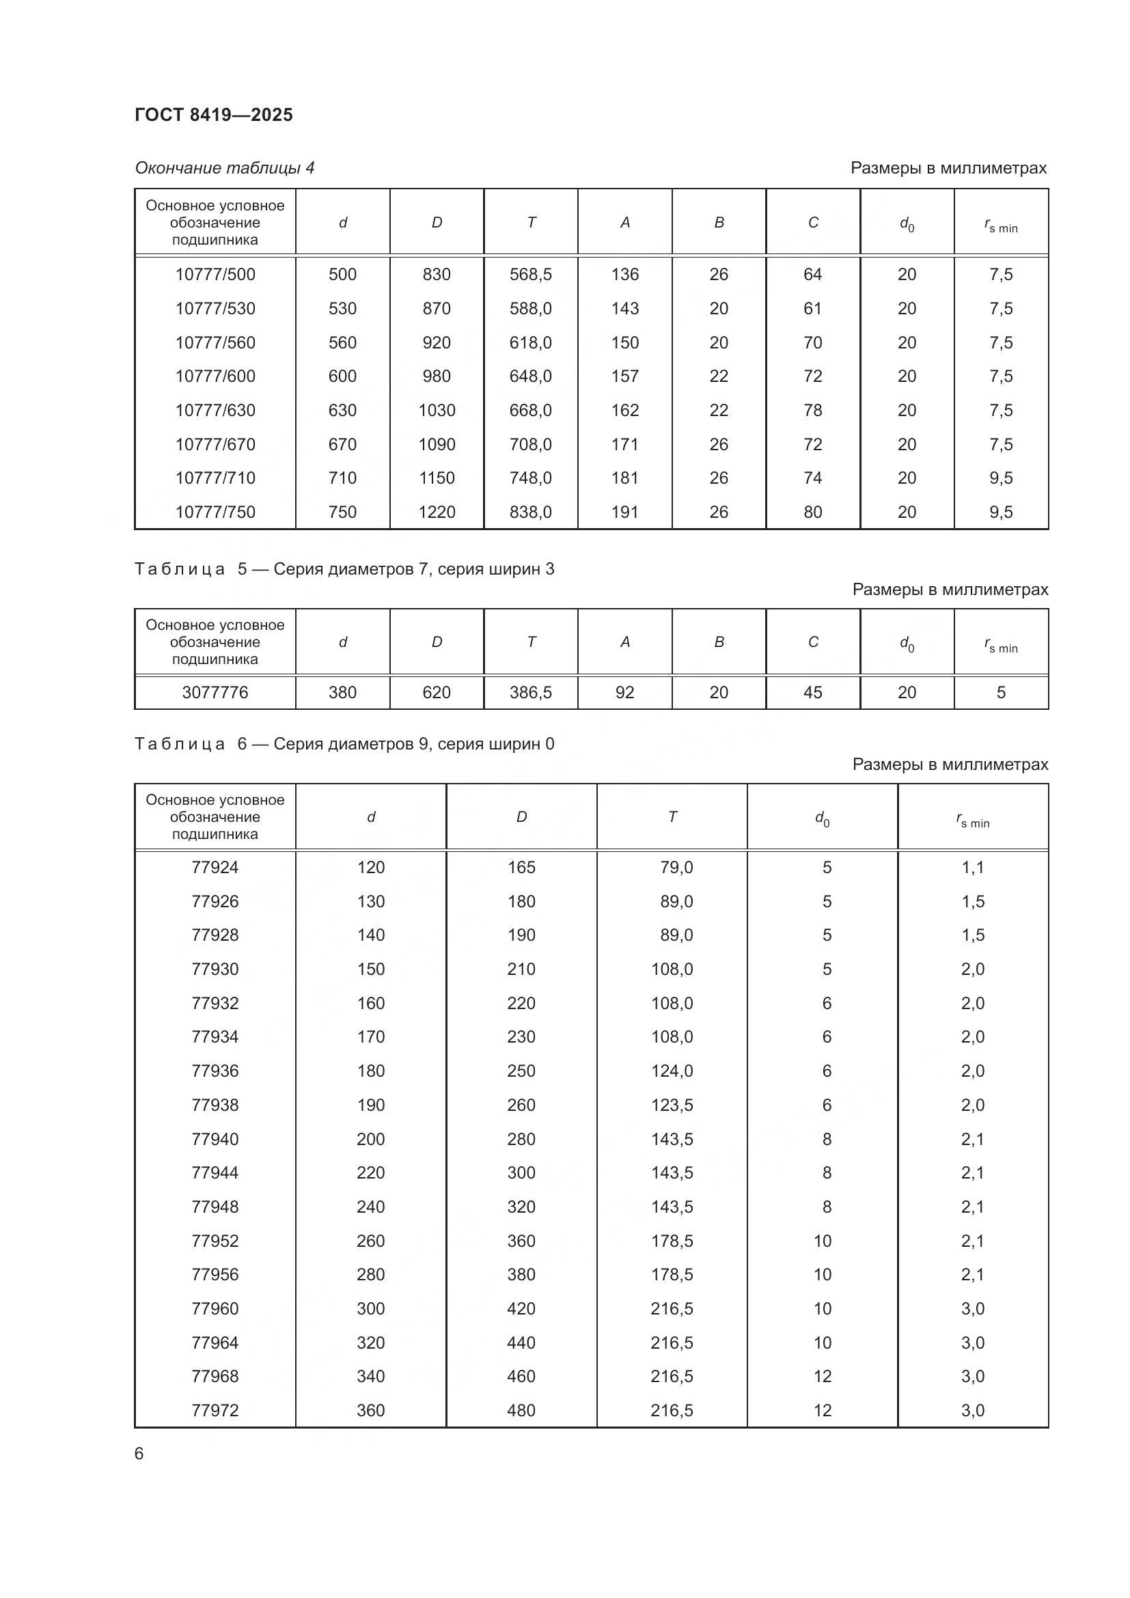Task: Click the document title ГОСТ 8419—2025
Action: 214,115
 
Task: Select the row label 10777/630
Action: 215,410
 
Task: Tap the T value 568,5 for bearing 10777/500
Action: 530,274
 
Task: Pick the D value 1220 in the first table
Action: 437,512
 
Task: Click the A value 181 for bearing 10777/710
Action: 624,478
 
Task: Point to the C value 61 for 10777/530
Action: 812,308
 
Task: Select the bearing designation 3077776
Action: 215,693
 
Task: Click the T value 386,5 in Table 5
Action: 530,693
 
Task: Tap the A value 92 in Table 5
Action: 624,693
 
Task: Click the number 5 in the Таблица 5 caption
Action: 242,569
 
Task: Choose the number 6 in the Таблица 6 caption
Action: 242,744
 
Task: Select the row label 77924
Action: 215,867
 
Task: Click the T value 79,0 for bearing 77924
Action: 676,867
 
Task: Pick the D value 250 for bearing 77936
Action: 521,1071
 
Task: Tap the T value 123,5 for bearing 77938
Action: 672,1105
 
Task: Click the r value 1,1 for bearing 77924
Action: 972,867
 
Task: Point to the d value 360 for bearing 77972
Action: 370,1410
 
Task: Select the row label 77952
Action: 215,1241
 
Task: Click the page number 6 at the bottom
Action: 139,1453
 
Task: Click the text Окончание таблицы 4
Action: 224,168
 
